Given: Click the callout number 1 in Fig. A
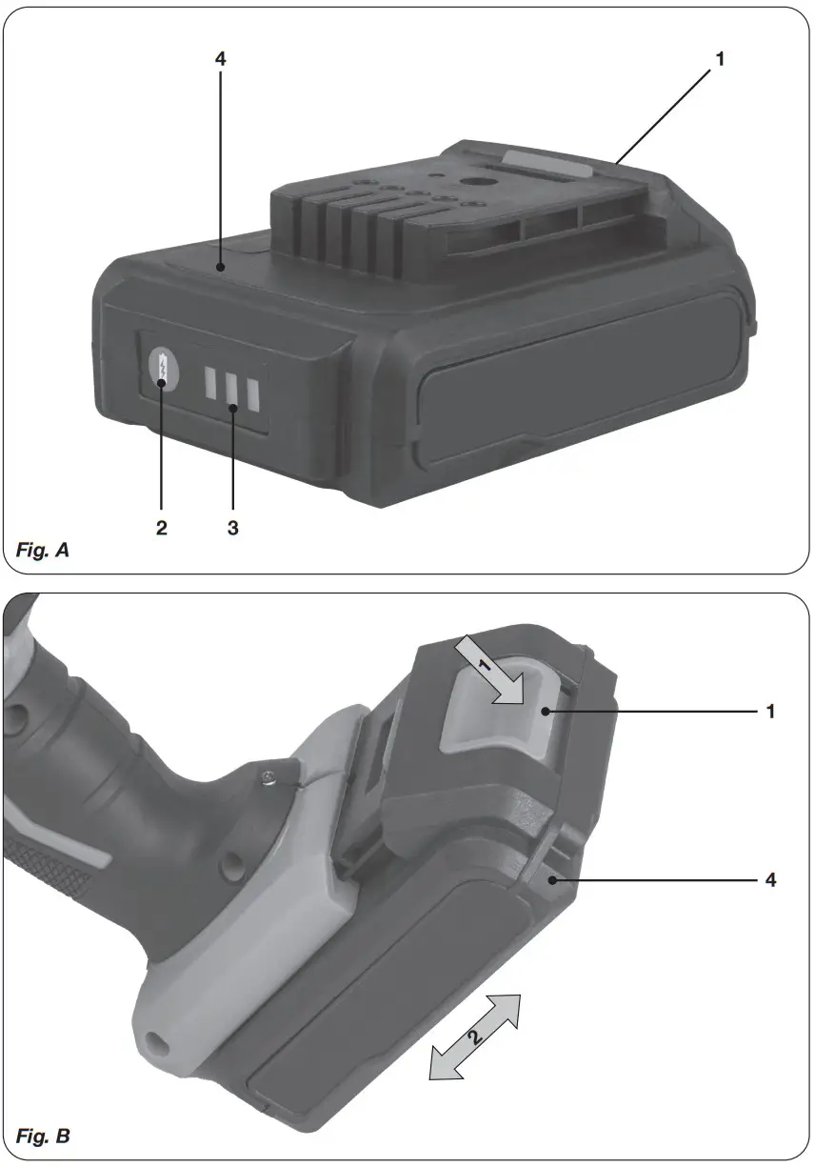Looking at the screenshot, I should tap(720, 59).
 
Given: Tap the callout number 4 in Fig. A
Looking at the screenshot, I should tap(220, 59).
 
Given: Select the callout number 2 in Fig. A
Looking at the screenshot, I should tap(162, 527).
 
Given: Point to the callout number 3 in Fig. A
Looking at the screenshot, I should tap(232, 527).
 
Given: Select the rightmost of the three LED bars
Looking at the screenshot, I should tap(252, 391).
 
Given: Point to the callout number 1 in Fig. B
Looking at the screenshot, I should tap(770, 712).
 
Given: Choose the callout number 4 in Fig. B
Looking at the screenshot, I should tap(770, 880).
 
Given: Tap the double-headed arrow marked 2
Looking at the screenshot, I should tap(476, 1037).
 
